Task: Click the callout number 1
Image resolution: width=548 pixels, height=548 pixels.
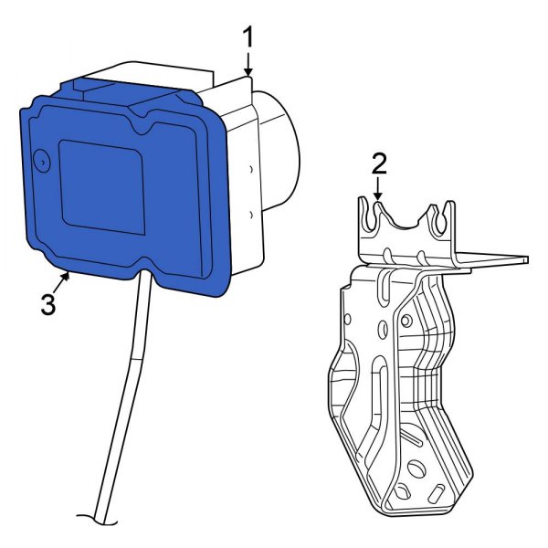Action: [x=248, y=37]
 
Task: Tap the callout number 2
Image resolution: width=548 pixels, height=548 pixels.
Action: [x=379, y=163]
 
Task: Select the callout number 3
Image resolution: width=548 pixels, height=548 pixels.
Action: [x=48, y=304]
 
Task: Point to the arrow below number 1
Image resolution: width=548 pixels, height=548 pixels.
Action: [x=248, y=64]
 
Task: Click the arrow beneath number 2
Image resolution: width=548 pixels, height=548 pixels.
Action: [x=377, y=189]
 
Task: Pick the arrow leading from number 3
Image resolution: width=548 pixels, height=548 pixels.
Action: [x=61, y=283]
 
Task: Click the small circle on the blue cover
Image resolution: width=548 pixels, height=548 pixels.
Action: [x=42, y=161]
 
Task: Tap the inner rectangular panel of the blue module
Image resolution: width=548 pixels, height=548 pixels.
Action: [x=101, y=187]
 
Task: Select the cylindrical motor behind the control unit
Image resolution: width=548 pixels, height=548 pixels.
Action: [x=278, y=151]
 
